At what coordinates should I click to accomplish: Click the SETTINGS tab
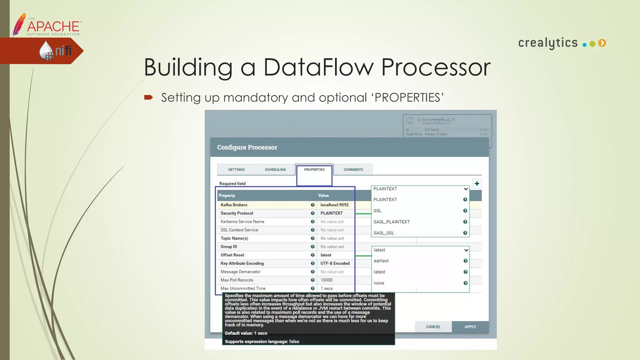(x=236, y=170)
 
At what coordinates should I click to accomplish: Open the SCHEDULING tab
(x=275, y=170)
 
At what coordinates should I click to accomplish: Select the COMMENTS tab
(x=353, y=170)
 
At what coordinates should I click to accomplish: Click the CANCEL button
(x=433, y=327)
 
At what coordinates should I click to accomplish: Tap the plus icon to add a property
(x=477, y=184)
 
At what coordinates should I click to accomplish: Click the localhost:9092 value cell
(x=334, y=205)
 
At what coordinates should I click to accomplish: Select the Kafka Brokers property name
(x=234, y=205)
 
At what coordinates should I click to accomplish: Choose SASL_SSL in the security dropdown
(x=384, y=233)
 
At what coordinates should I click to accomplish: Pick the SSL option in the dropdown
(x=377, y=211)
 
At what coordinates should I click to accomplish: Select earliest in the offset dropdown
(x=381, y=261)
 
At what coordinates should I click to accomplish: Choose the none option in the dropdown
(x=379, y=283)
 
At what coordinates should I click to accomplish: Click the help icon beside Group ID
(x=312, y=247)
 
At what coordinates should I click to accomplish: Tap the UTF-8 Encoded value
(x=335, y=263)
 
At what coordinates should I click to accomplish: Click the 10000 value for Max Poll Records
(x=327, y=280)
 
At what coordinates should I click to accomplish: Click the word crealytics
(x=548, y=43)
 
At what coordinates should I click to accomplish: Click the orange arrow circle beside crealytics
(x=602, y=43)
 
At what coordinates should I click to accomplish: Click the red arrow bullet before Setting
(x=148, y=97)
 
